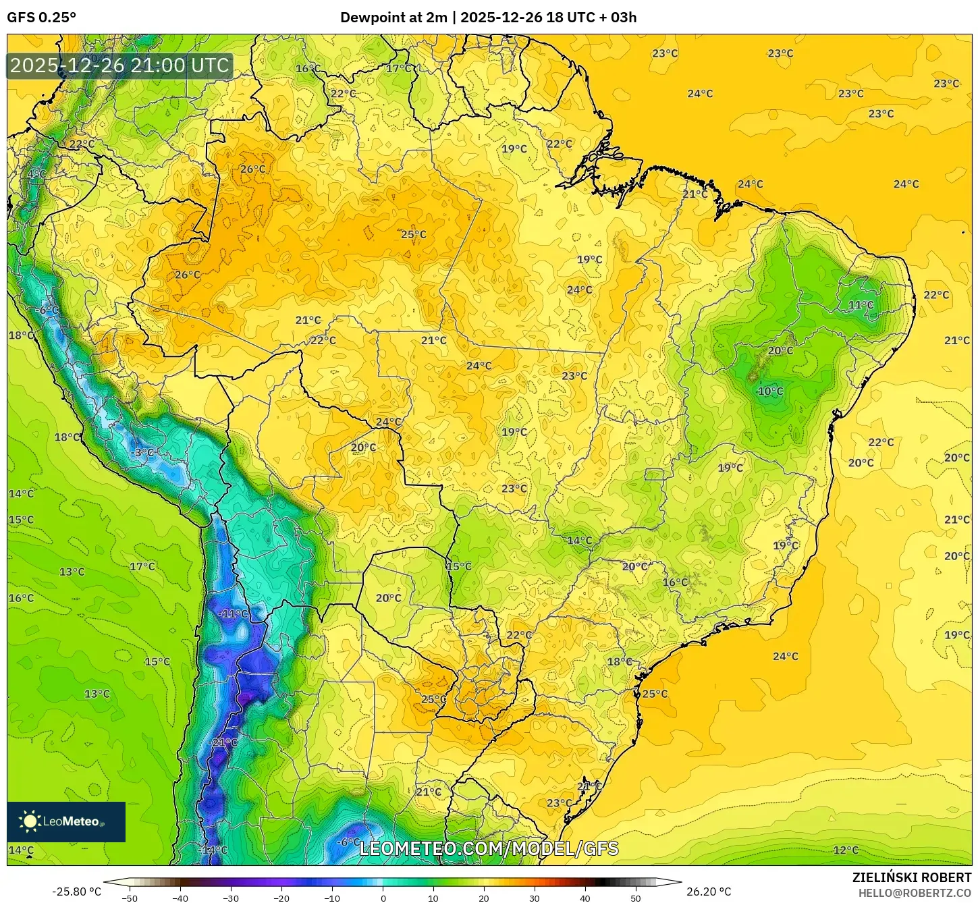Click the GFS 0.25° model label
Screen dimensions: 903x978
pos(42,18)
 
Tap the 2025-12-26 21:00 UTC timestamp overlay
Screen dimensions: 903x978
pos(120,66)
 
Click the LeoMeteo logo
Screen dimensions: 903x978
pos(66,821)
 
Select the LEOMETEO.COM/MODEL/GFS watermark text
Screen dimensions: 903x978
pos(489,848)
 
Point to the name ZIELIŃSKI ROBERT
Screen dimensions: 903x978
pos(911,877)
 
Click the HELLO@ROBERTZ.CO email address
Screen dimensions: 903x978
pos(915,893)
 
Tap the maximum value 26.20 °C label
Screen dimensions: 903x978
pos(709,892)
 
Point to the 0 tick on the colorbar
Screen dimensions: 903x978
pos(383,898)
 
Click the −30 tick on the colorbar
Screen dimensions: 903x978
pos(231,898)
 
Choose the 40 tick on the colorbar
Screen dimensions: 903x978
pos(585,898)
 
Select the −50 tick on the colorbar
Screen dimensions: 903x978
pos(130,898)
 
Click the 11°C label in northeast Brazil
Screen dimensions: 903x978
pos(861,305)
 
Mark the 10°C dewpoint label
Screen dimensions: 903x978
pos(770,391)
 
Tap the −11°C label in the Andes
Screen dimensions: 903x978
pos(234,614)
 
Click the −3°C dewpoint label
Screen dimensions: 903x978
pos(143,453)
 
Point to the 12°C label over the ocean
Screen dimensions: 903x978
pos(846,850)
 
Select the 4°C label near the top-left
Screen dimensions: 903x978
pos(36,174)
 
